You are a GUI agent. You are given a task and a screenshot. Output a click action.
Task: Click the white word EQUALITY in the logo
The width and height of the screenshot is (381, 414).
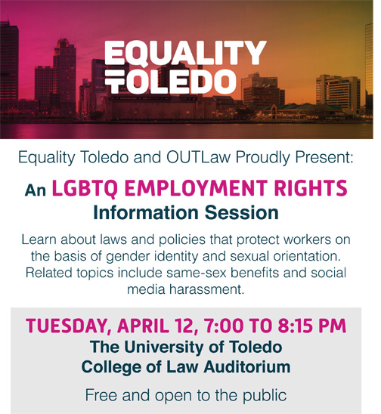[x=185, y=54]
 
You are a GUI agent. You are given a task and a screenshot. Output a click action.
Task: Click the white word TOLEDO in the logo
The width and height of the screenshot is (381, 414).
[x=170, y=82]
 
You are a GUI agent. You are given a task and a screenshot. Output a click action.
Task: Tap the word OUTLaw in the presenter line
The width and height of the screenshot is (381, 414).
[x=198, y=157]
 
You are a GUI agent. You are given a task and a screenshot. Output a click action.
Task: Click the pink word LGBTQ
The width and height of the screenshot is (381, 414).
[x=85, y=189]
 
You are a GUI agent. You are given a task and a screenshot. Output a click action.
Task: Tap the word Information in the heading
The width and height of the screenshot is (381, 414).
[x=146, y=213]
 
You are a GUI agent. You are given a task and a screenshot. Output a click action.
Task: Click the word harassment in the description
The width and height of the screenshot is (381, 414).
[x=206, y=289]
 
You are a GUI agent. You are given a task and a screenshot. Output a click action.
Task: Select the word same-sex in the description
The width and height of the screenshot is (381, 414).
[x=197, y=273]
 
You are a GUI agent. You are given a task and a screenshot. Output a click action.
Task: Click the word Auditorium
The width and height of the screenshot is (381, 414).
[x=247, y=366]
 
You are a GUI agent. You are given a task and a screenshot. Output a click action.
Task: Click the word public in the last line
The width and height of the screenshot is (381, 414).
[x=265, y=396]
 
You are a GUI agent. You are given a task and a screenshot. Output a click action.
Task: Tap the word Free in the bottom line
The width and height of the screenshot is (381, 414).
[x=101, y=395]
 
